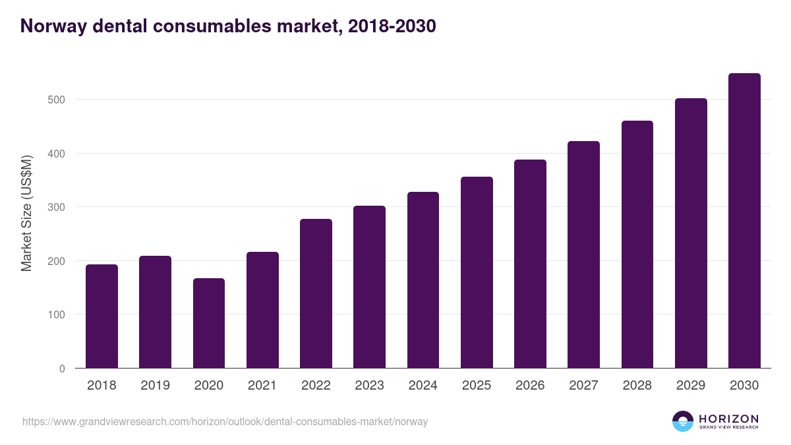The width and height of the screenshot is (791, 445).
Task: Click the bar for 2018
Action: [x=102, y=316]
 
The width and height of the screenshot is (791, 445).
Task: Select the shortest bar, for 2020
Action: [x=209, y=323]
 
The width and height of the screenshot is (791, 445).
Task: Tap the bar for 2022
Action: [x=316, y=293]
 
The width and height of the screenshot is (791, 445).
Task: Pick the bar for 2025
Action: [x=477, y=272]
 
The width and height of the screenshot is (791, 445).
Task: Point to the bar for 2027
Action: [x=583, y=254]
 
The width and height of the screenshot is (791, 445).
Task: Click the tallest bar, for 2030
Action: [x=744, y=221]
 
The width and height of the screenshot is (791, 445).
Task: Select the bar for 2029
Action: [x=691, y=233]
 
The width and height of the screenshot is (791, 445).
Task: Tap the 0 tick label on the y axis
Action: [x=63, y=369]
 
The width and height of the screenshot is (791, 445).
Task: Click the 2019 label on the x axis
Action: [x=155, y=386]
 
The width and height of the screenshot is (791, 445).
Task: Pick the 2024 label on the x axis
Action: [x=423, y=386]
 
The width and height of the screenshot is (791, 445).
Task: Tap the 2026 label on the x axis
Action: [x=530, y=386]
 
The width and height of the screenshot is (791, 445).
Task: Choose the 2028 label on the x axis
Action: [x=637, y=386]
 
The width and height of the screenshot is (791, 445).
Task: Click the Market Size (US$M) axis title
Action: [x=26, y=214]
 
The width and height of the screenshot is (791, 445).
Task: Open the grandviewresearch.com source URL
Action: [x=225, y=421]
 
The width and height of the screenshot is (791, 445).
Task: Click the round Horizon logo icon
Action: [x=683, y=421]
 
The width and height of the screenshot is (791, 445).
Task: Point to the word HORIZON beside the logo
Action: [x=728, y=418]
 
